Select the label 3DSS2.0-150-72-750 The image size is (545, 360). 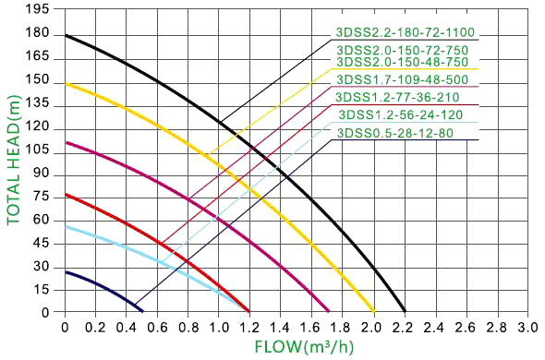[405, 50]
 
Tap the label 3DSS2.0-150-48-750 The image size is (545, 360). [405, 62]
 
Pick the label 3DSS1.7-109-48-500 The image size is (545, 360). [405, 79]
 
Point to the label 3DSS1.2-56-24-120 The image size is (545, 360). [401, 114]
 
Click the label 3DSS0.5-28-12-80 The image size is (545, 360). [395, 133]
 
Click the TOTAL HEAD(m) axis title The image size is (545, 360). [14, 159]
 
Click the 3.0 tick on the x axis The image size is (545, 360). [527, 327]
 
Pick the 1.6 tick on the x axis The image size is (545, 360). [311, 327]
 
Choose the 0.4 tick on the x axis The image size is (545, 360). [127, 327]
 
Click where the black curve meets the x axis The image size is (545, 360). [405, 311]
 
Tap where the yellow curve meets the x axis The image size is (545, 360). [373, 311]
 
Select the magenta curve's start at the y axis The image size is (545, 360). [66, 141]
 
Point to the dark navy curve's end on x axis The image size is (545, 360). [141, 311]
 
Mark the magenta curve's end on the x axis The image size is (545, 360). [328, 311]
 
